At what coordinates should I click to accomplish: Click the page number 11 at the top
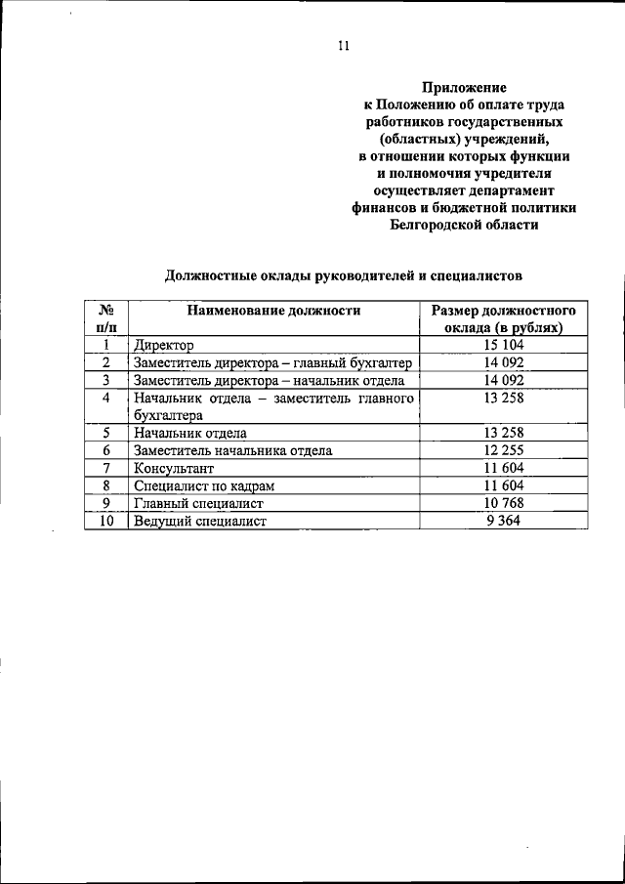point(343,44)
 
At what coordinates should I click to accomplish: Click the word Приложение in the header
point(463,86)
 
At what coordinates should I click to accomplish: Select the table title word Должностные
point(210,275)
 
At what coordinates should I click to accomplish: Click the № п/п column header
point(106,319)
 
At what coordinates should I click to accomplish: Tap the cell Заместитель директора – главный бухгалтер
point(273,362)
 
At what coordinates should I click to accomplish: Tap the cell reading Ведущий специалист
point(201,521)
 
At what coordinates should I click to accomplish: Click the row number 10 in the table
point(106,521)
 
